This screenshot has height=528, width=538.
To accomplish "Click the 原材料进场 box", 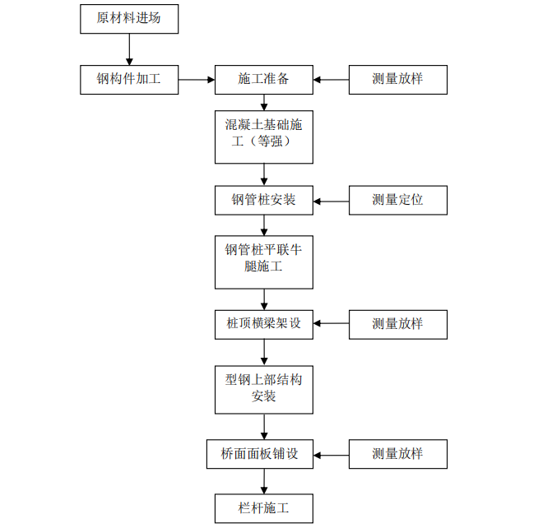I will click(129, 19).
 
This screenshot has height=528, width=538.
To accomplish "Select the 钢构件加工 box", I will click(129, 80).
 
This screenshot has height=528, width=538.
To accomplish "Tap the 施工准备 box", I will click(263, 80).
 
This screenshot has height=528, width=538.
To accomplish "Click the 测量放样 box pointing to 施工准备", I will click(398, 80).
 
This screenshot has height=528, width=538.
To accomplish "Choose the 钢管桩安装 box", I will click(263, 200).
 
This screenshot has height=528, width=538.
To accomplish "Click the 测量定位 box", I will click(398, 200).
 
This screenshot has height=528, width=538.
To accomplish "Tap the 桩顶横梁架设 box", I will click(263, 323).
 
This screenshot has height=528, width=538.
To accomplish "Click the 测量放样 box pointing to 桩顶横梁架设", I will click(398, 323).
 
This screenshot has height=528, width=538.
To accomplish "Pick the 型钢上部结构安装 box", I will click(263, 387).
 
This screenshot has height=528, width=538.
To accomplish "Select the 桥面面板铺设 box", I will click(259, 454).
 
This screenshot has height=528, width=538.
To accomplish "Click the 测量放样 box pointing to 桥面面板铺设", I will click(398, 454).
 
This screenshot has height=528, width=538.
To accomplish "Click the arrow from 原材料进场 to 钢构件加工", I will click(129, 49).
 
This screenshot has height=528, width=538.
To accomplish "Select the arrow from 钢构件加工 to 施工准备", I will click(197, 80).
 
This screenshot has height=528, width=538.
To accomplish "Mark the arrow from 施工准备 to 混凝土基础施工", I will click(264, 103).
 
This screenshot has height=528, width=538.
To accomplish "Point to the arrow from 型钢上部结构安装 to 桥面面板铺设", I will click(264, 426).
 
